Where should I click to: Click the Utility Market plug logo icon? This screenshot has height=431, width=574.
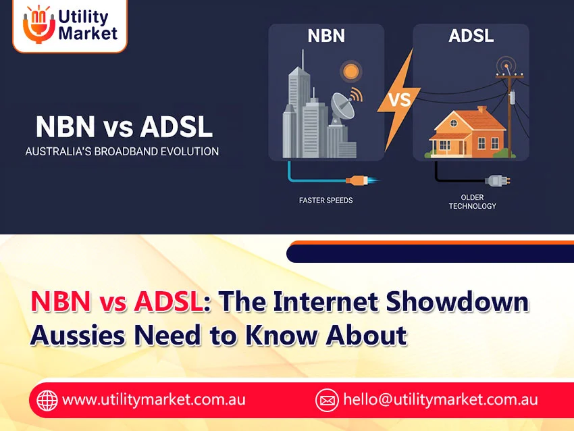coord(36,26)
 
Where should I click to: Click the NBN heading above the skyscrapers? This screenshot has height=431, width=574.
coord(326,35)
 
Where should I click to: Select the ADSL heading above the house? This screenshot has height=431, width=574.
coord(471,35)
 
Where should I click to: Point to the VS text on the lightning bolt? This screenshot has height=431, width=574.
coord(400,101)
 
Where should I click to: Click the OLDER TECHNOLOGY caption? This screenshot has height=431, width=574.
coord(473,201)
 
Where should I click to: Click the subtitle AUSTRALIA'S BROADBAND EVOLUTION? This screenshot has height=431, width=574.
coord(122,151)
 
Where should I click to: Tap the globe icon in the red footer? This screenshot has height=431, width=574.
coord(47,400)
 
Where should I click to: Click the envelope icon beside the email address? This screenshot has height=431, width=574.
coord(327,400)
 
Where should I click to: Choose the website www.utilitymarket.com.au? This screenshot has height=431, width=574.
coord(154,399)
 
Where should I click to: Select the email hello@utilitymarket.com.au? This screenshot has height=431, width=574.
coord(440,399)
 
